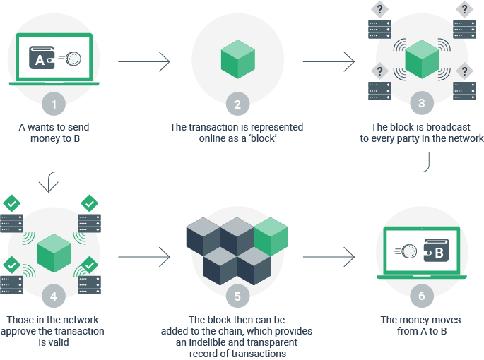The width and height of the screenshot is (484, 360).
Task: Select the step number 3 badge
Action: [x=422, y=104]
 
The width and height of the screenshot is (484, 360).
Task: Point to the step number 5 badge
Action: [x=237, y=294]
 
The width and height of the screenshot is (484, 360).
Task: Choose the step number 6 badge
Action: [x=422, y=294]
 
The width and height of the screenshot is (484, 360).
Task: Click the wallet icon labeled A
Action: [x=42, y=59]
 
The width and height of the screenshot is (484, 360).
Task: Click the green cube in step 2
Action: [x=237, y=59]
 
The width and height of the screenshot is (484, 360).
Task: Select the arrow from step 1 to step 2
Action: [x=144, y=62]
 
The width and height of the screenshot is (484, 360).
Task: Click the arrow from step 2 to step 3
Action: [x=329, y=62]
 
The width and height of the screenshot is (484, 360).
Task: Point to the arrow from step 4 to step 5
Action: [x=144, y=256]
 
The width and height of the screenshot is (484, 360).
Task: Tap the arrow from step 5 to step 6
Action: [x=329, y=256]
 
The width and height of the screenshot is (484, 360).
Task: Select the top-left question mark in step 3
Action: [x=379, y=10]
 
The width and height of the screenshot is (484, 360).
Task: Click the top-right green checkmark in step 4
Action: [x=90, y=203]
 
